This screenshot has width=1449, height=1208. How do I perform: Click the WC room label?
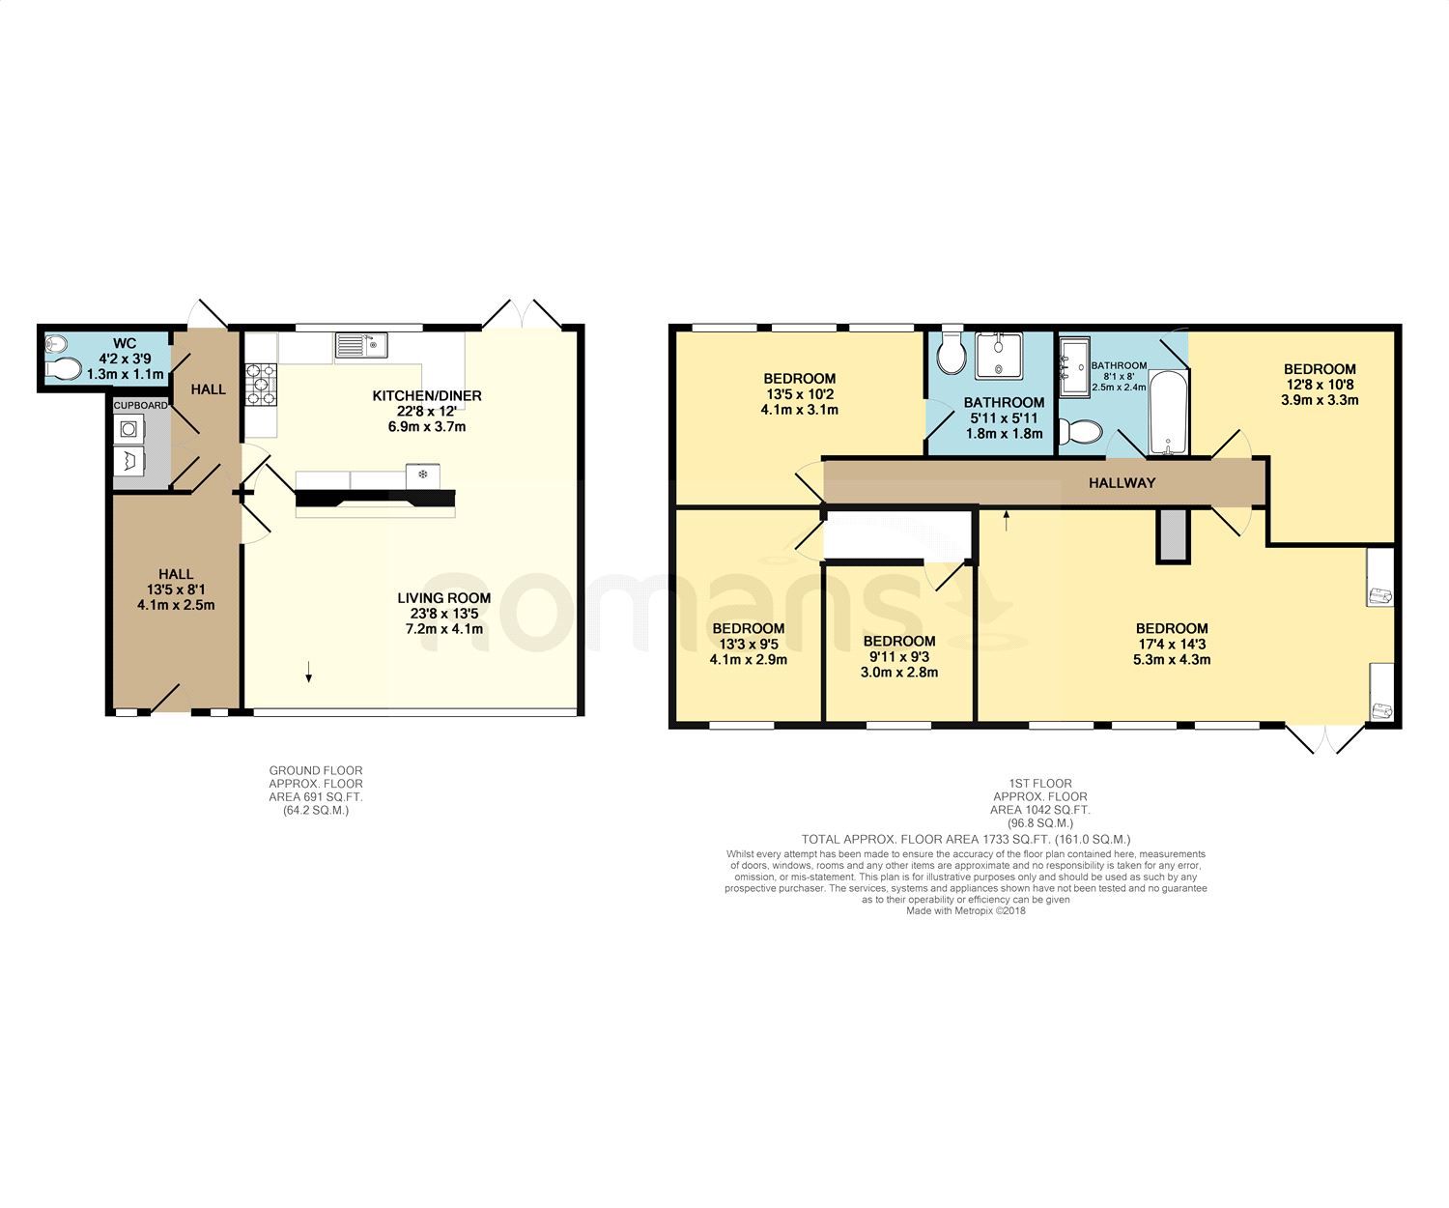point(124,343)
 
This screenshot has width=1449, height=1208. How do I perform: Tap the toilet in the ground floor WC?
point(64,368)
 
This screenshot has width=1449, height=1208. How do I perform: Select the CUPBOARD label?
point(140,405)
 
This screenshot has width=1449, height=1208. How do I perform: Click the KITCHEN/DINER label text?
point(427,395)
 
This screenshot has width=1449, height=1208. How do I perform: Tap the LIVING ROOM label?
point(444,597)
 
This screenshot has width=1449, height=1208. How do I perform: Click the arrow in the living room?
point(309,673)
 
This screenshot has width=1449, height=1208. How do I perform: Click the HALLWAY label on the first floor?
point(1122,482)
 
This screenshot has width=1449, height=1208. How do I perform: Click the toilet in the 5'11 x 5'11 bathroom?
point(952,354)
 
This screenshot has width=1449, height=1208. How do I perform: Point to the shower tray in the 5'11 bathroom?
point(997,356)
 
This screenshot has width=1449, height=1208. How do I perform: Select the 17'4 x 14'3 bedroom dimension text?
point(1172,644)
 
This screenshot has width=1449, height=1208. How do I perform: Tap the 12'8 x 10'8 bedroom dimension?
point(1320,384)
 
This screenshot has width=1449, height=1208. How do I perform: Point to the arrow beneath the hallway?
point(1007,520)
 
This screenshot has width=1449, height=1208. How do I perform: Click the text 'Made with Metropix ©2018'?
point(965,910)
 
